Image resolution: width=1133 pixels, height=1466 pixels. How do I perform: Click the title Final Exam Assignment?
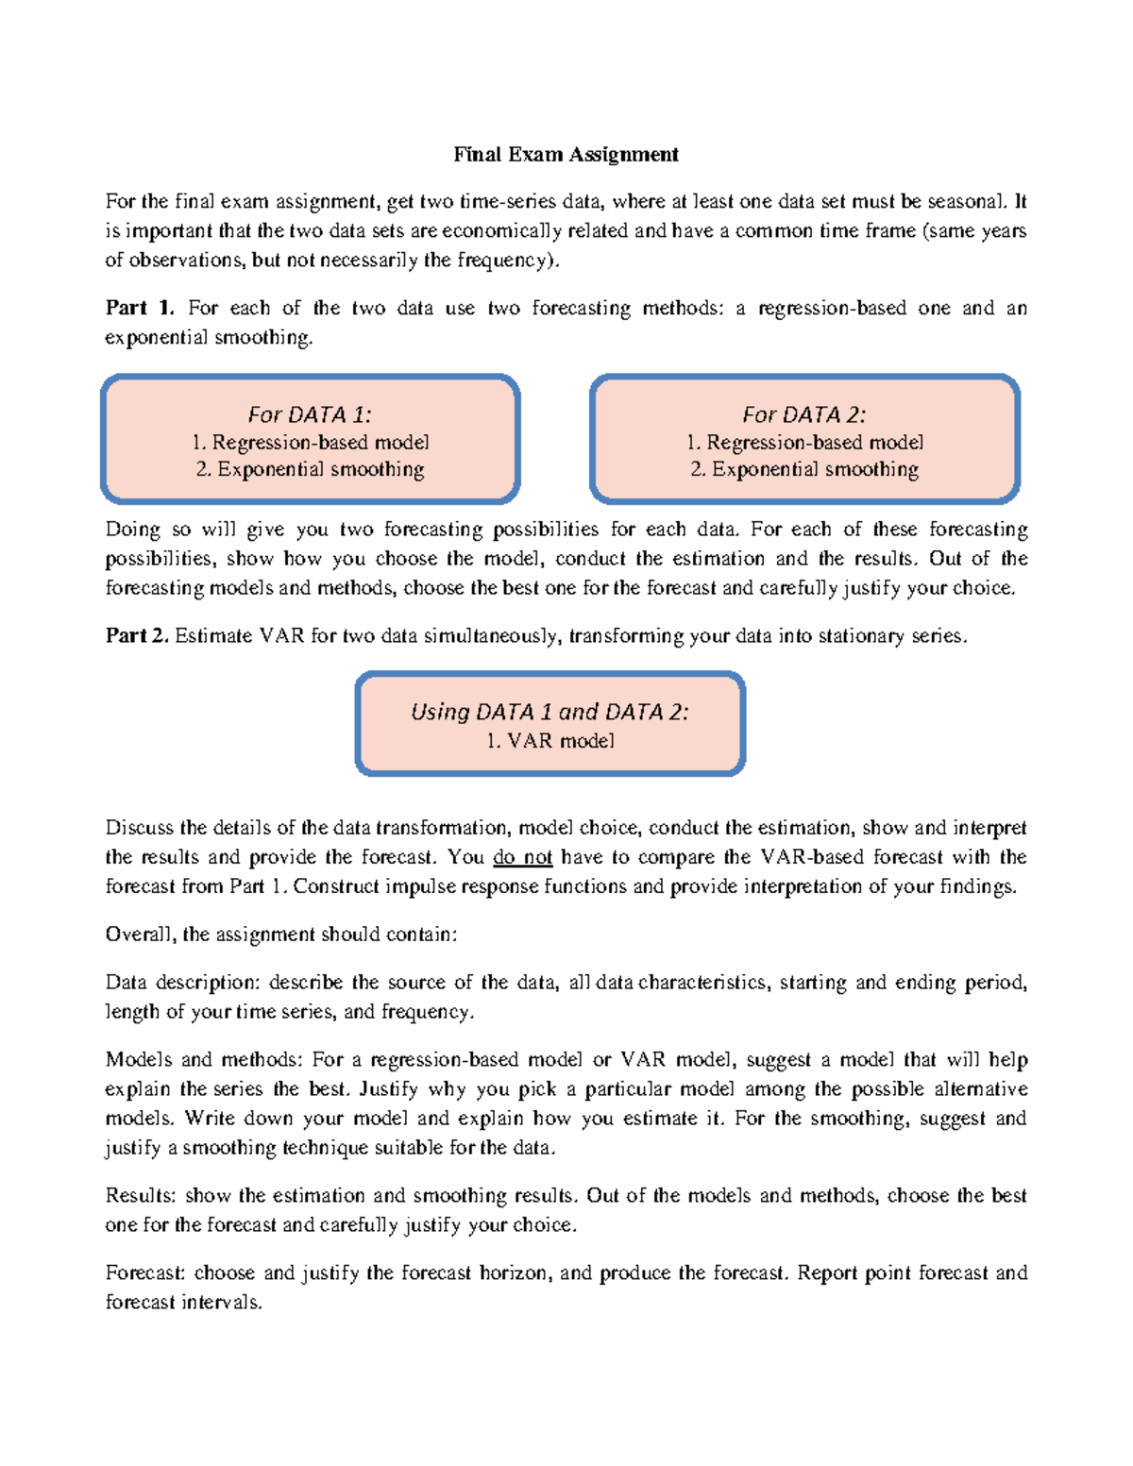pos(566,154)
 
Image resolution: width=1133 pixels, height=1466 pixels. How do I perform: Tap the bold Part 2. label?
pos(137,635)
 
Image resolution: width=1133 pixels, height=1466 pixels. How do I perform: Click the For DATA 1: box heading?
pos(310,414)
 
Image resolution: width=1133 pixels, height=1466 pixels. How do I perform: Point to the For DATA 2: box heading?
pos(803,414)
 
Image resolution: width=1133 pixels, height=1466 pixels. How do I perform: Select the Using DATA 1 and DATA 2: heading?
pos(550,712)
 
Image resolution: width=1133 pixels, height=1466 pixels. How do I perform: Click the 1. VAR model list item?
pos(550,741)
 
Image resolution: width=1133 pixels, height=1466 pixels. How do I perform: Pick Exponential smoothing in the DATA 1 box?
pos(310,469)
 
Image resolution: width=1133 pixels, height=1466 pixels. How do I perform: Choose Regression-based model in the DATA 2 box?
pos(804,442)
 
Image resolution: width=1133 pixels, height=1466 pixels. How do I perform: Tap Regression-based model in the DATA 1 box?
pos(310,442)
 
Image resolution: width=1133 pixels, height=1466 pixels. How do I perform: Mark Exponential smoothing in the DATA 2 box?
pos(804,469)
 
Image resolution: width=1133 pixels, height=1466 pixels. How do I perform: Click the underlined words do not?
pos(522,857)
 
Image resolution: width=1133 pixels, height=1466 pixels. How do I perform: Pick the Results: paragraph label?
pos(141,1196)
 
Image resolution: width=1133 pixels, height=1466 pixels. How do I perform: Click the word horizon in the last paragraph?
pos(515,1272)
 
